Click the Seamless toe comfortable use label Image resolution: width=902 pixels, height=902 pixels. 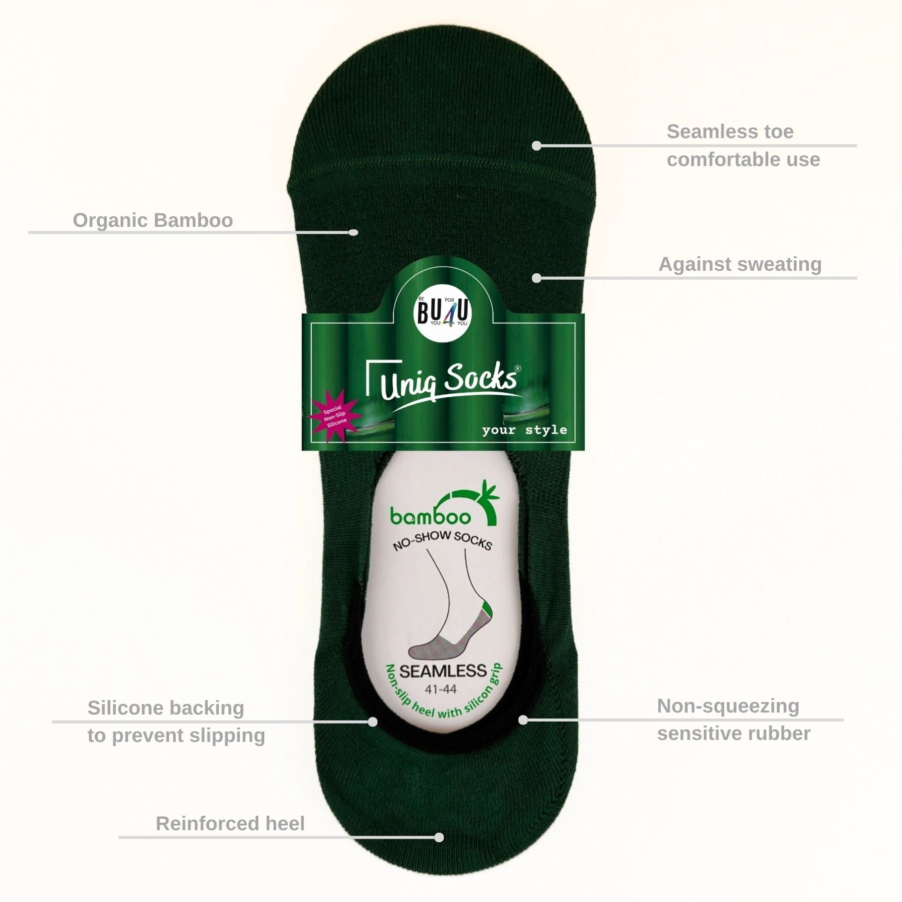pos(742,146)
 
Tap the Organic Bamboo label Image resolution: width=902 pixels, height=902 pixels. pos(153,220)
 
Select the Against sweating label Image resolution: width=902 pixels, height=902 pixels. pos(740,264)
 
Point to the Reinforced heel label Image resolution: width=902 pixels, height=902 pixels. pos(230,824)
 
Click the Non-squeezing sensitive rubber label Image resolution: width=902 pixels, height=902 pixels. pos(733,720)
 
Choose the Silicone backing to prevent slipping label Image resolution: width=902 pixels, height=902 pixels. pos(176,722)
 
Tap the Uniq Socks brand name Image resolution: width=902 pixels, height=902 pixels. pos(448,382)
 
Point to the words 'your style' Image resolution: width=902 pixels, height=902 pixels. pos(524,430)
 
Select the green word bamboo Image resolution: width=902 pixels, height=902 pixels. pos(430,517)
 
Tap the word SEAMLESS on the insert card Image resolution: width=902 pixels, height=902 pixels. pos(443,671)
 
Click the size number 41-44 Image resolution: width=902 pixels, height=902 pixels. pos(440,690)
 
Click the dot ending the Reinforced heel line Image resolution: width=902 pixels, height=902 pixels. pos(439,837)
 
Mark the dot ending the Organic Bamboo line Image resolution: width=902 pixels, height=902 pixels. pos(353,232)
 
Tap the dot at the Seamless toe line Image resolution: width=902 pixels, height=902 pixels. pos(537,146)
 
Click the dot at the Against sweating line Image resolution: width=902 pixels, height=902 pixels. pos(537,278)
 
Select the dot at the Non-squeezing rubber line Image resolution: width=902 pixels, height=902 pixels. pos(523,720)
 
